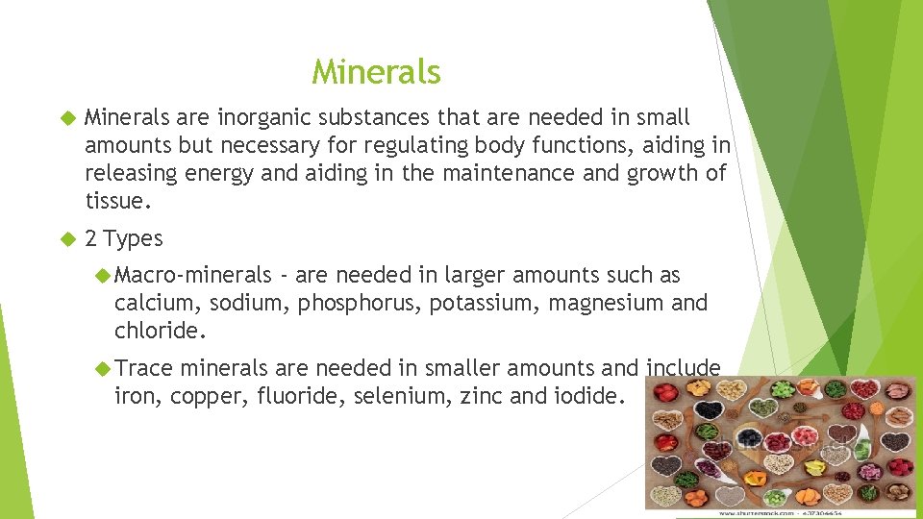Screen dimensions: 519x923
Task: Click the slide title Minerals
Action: [376, 72]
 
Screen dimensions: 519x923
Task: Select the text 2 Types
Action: [124, 238]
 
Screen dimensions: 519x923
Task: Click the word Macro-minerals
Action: [193, 276]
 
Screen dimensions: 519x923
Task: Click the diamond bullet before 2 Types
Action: [66, 239]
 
